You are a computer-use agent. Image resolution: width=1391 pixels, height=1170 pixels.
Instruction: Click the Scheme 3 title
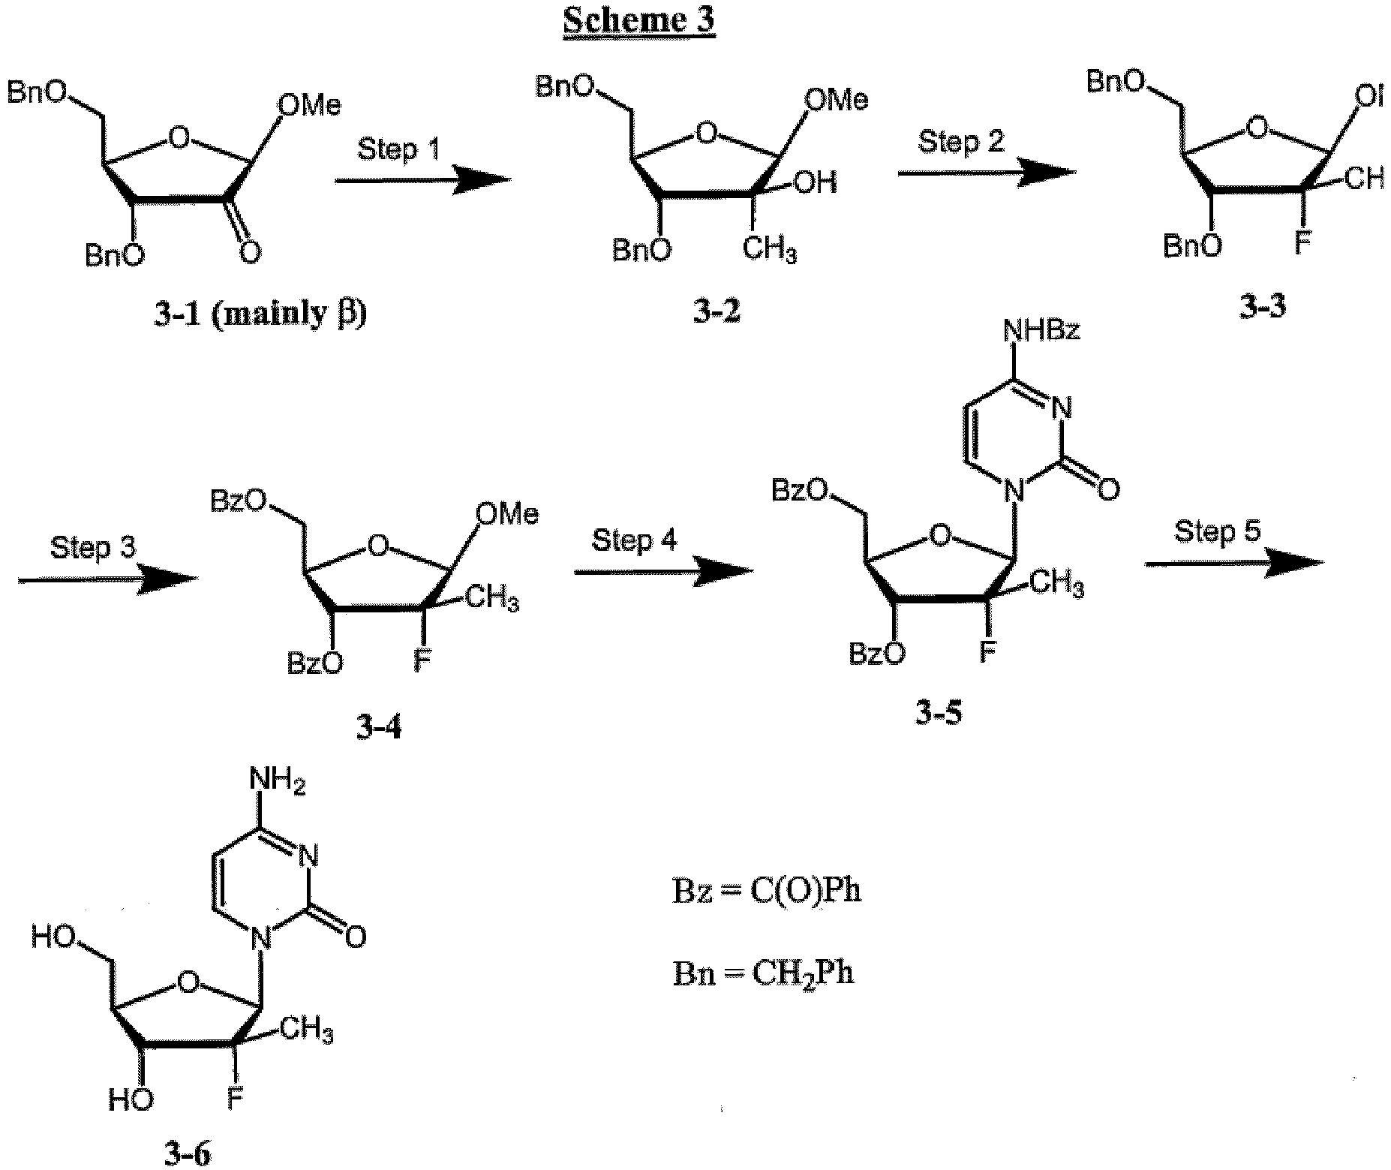pyautogui.click(x=638, y=20)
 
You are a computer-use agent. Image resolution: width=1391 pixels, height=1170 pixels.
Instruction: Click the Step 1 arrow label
pyautogui.click(x=398, y=148)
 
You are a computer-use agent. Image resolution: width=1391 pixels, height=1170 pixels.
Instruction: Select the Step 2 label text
pyautogui.click(x=961, y=141)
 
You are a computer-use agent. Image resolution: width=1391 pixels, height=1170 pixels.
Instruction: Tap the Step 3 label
pyautogui.click(x=93, y=548)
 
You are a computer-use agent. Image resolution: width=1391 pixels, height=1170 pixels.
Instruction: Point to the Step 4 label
pyautogui.click(x=635, y=540)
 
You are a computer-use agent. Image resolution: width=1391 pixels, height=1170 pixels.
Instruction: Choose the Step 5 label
pyautogui.click(x=1217, y=531)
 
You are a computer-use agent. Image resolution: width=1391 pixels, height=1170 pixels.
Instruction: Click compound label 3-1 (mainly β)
pyautogui.click(x=260, y=314)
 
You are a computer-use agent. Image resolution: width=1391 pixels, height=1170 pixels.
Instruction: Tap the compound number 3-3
pyautogui.click(x=1260, y=307)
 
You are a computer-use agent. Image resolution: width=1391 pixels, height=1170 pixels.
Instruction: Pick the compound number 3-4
pyautogui.click(x=378, y=726)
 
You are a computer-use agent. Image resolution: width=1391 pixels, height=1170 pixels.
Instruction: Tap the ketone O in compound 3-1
pyautogui.click(x=251, y=253)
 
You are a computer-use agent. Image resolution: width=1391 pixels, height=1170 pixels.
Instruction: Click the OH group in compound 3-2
pyautogui.click(x=815, y=182)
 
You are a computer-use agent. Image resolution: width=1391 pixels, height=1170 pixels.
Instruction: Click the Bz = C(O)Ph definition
pyautogui.click(x=765, y=891)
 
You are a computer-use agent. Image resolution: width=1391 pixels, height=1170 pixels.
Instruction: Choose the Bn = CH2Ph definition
pyautogui.click(x=763, y=973)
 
